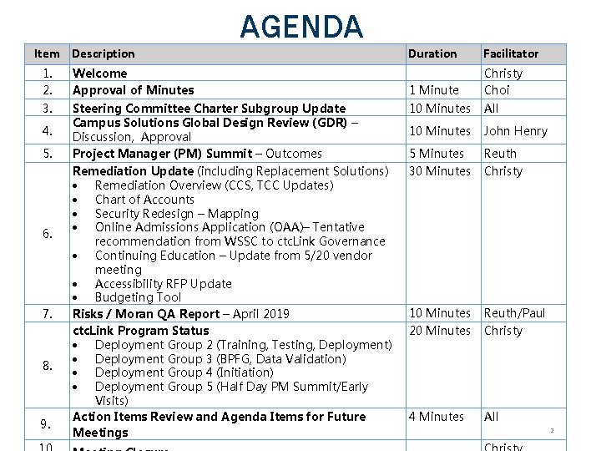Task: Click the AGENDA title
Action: (301, 27)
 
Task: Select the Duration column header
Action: (432, 53)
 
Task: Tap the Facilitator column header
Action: (511, 53)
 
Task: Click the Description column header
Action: (104, 53)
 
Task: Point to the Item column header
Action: (47, 53)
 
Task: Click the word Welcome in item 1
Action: (100, 73)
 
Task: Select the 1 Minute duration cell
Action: (434, 90)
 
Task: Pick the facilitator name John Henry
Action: (516, 130)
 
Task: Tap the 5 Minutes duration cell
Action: (436, 154)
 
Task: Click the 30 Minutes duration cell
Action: (439, 171)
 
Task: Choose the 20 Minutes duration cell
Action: (439, 331)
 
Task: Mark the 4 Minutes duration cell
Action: (436, 417)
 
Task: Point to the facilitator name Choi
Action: (497, 90)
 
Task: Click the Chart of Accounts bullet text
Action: (144, 200)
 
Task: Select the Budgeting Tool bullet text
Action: (138, 297)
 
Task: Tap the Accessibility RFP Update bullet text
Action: (164, 284)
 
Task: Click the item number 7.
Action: (48, 314)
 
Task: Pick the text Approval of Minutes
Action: (134, 90)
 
